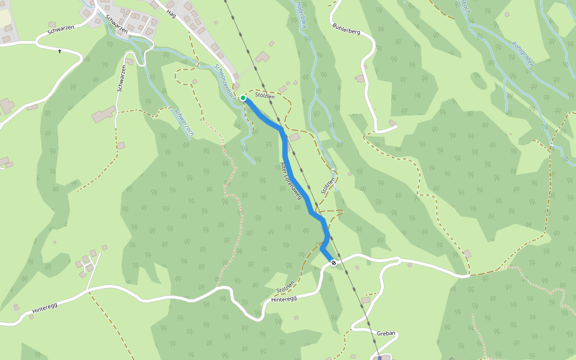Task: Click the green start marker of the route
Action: click(242, 98)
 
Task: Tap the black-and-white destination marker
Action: click(334, 263)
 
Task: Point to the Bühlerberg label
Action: click(346, 28)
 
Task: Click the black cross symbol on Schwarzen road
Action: click(59, 52)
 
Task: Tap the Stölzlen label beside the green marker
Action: click(265, 96)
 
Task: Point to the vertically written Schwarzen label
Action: click(121, 78)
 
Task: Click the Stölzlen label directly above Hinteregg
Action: click(286, 285)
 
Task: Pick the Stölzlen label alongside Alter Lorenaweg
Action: click(327, 187)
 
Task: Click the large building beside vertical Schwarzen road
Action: click(104, 115)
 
